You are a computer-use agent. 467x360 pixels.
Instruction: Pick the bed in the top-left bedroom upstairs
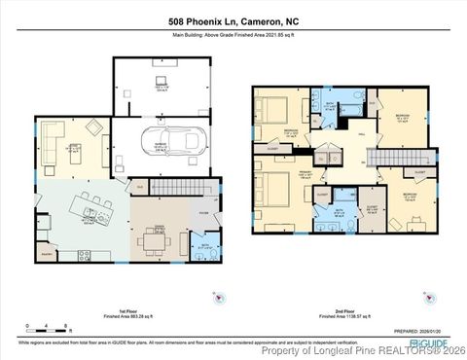(x=272, y=110)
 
